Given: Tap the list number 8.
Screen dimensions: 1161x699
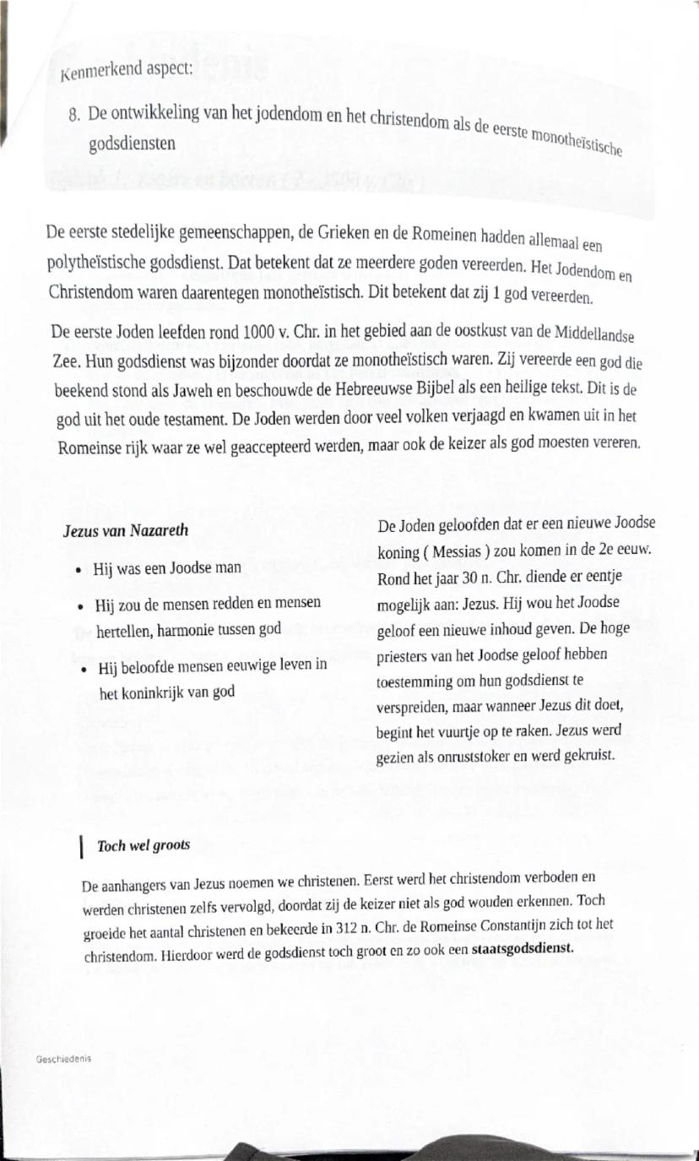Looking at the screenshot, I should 74,115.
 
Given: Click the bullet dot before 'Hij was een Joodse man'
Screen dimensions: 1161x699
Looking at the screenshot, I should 79,570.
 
